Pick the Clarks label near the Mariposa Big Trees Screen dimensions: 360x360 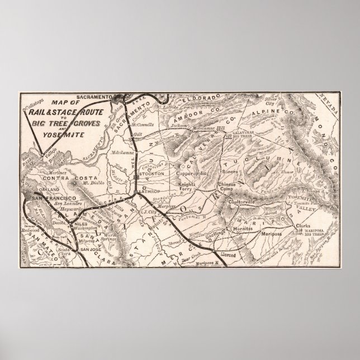pos(302,226)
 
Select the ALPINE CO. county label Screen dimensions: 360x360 pos(264,129)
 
